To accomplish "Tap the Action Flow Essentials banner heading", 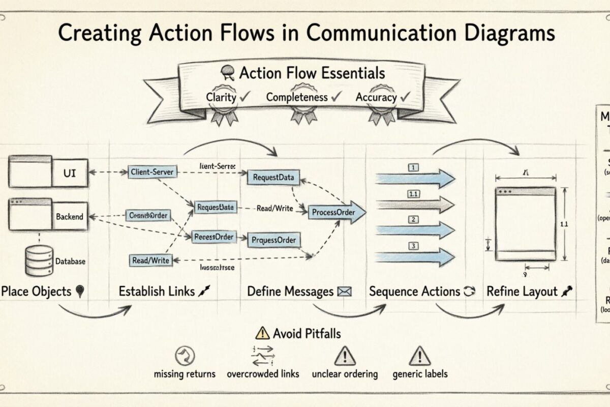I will pos(311,73).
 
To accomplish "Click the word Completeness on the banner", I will pos(297,97).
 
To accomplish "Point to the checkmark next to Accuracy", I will pos(405,96).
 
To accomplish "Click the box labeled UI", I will pos(70,173).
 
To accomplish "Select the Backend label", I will pos(70,217).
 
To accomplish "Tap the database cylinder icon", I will pos(39,260).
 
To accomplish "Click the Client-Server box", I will pos(152,172).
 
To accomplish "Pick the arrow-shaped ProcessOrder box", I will pos(335,212).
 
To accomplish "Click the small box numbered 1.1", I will pos(413,193).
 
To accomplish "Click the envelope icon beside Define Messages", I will pos(345,292).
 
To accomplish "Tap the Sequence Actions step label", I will pos(414,292).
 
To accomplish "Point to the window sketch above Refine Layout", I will pos(525,224).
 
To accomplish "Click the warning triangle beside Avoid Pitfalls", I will pos(262,334).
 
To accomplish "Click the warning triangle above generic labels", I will pos(420,354).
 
